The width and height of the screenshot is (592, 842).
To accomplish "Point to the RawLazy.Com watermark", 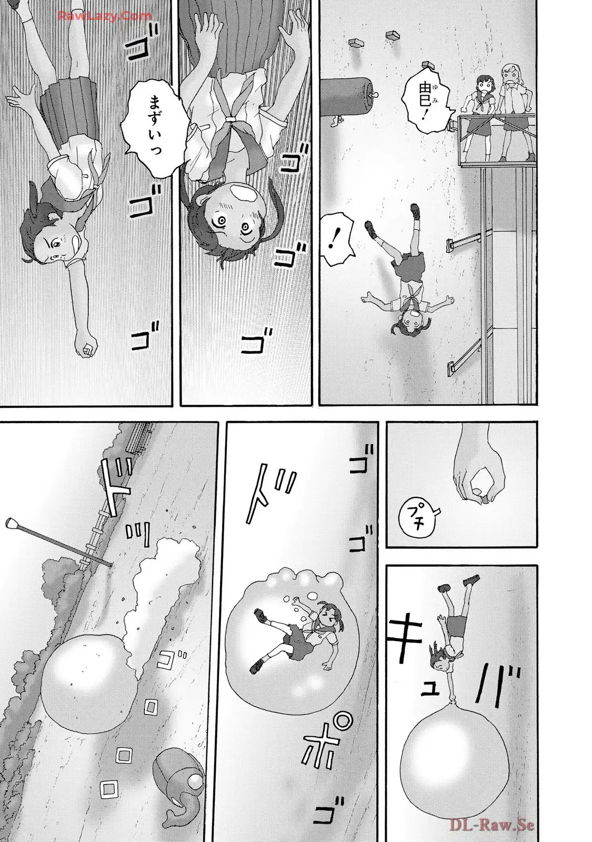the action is click(105, 16).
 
